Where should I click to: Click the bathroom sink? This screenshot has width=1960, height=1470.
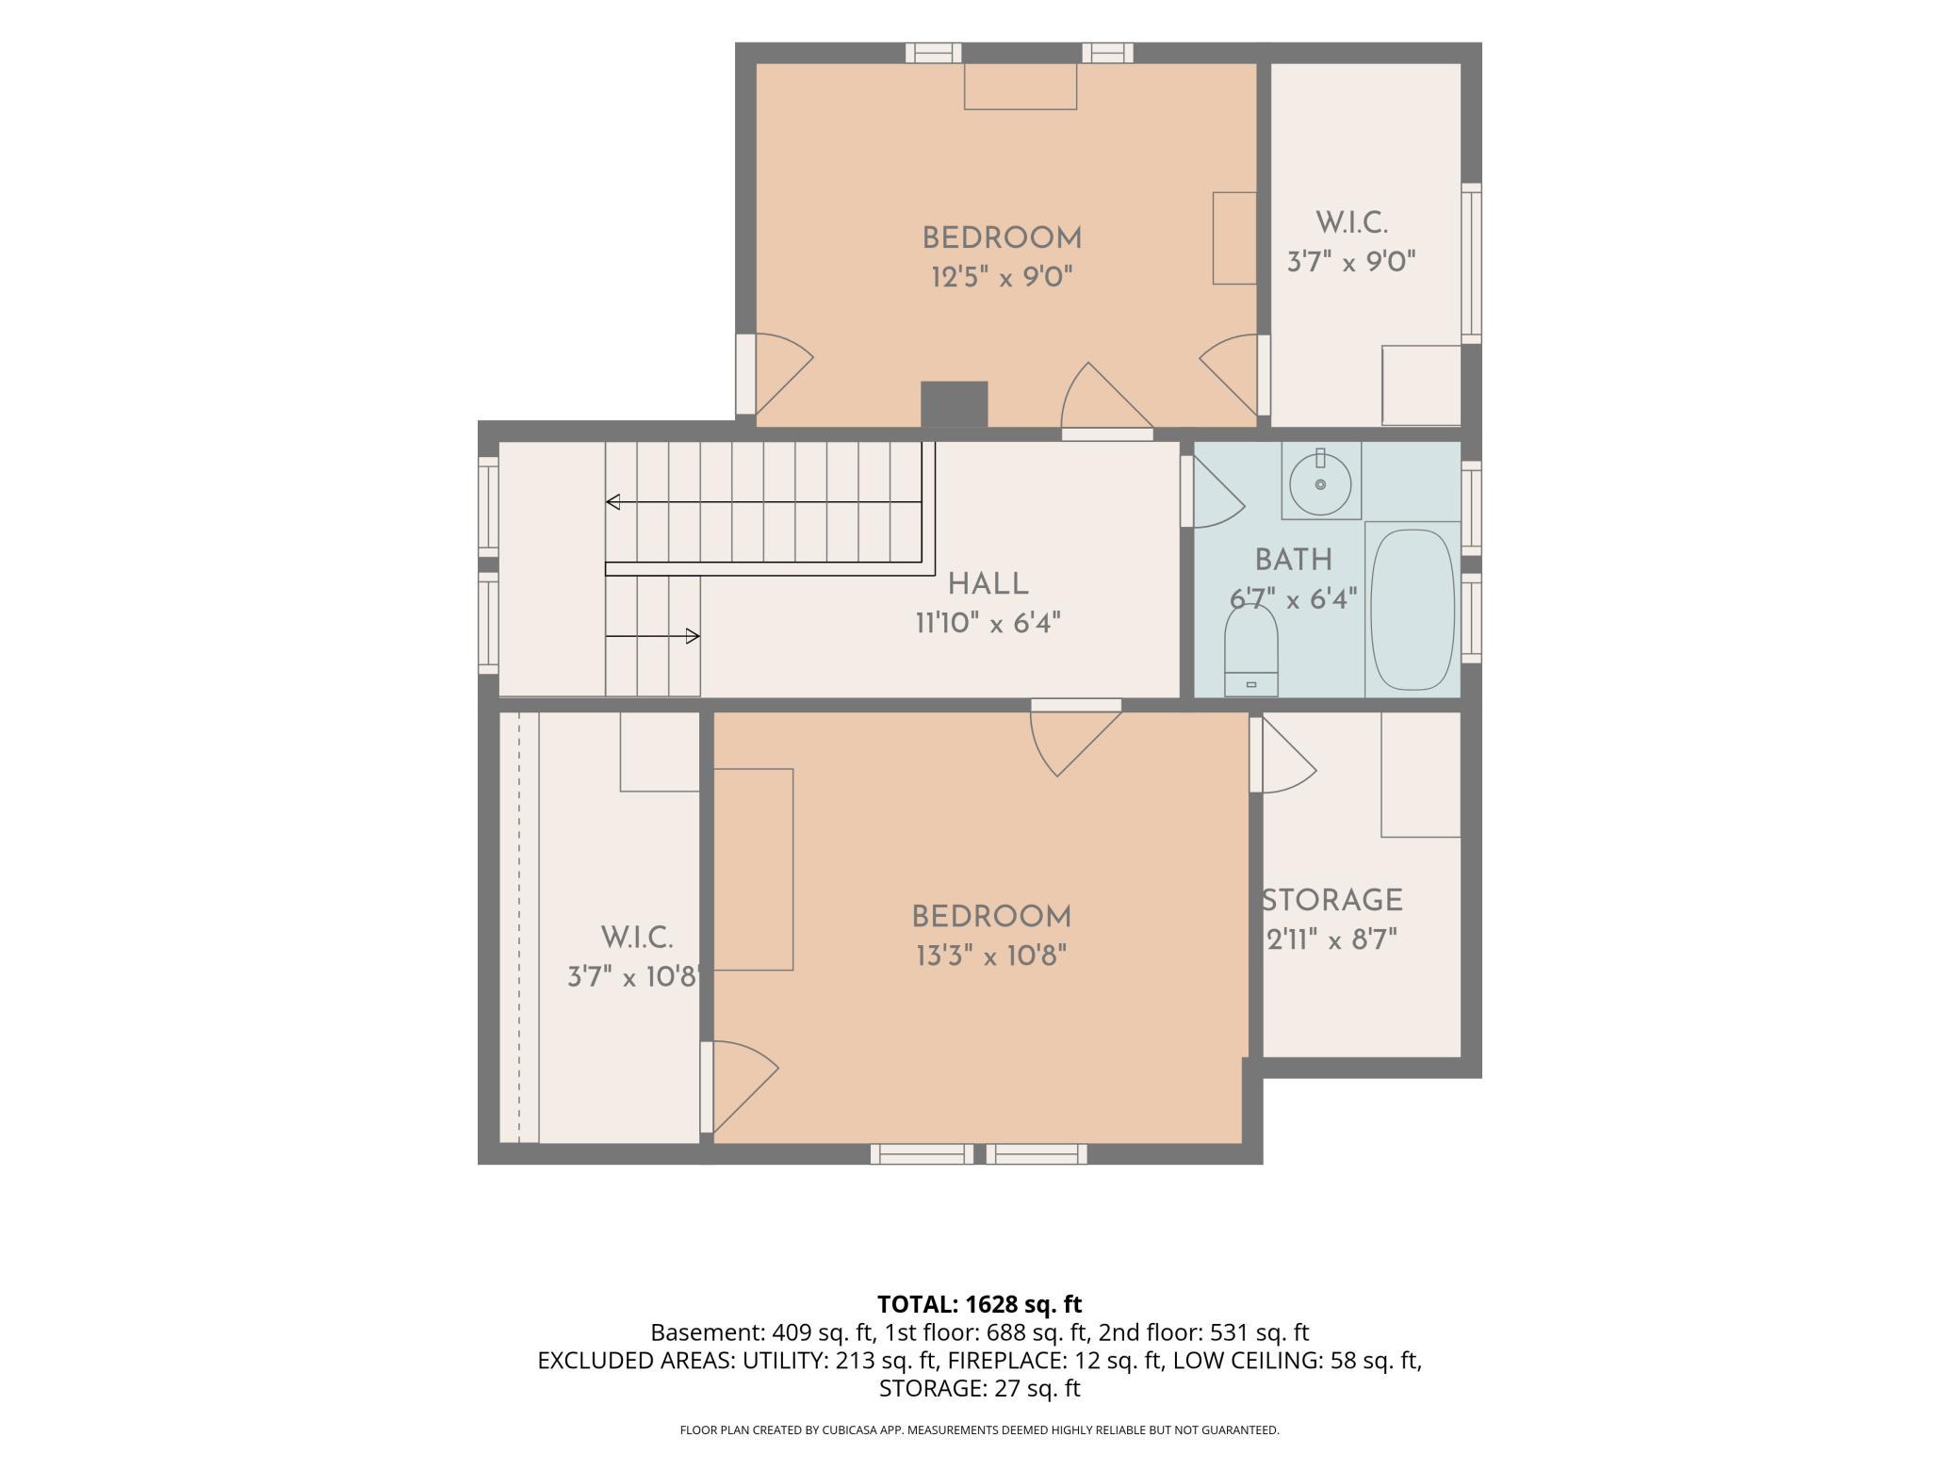tap(1320, 482)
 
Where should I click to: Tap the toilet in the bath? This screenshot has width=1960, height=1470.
tap(1250, 650)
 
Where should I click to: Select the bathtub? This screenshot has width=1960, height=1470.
tap(1412, 610)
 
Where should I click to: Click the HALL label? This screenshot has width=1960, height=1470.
tap(988, 584)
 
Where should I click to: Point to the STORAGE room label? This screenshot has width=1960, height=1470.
tap(1332, 901)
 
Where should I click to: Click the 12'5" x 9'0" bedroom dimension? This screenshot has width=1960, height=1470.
tap(1003, 277)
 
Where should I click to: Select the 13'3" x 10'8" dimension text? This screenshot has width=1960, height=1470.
tap(991, 956)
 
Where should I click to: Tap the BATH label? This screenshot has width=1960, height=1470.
tap(1294, 560)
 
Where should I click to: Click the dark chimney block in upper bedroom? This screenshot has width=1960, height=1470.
tap(954, 404)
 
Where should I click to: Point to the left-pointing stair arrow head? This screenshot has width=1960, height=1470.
tap(612, 502)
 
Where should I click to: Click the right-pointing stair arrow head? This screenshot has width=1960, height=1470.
tap(693, 636)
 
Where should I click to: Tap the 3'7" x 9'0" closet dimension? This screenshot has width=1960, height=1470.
tap(1352, 261)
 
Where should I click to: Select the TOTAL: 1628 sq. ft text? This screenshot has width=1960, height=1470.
tap(980, 1304)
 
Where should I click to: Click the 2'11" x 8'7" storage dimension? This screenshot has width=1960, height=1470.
tap(1331, 940)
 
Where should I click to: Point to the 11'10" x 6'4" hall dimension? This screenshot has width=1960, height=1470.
tap(988, 624)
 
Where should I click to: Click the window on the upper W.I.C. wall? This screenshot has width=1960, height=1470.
tap(1471, 263)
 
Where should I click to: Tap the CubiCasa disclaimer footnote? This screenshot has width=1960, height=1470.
tap(980, 1430)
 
